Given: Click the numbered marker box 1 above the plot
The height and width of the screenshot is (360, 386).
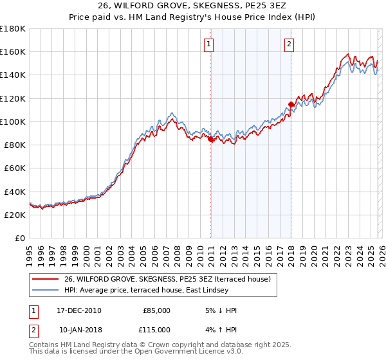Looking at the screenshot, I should click(x=210, y=44).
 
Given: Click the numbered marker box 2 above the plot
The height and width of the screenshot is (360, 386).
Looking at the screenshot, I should click(x=289, y=44).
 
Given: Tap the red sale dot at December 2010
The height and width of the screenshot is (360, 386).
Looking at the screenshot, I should click(x=210, y=138).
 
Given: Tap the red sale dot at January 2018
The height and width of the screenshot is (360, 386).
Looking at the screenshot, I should click(x=291, y=104).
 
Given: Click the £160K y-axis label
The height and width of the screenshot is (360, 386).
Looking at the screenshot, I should click(x=13, y=51).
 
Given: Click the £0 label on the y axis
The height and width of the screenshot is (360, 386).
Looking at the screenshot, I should click(x=19, y=239).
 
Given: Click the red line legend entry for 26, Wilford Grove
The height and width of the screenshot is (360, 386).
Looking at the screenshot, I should click(x=167, y=279).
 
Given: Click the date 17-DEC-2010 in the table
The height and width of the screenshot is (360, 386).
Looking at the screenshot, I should click(x=79, y=310).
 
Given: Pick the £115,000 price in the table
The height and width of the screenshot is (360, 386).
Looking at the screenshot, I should click(x=156, y=330).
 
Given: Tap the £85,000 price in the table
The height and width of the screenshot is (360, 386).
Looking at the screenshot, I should click(x=156, y=310).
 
